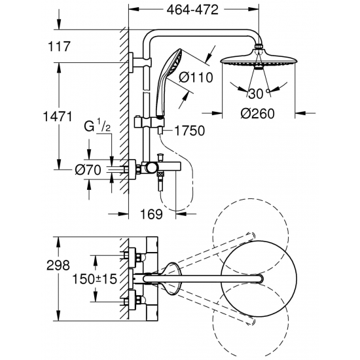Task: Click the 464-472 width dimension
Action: coord(192,10)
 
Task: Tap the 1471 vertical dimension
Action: coord(58,117)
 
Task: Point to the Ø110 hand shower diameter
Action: coord(196,77)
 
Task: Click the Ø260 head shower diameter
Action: coord(258,113)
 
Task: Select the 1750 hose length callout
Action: coord(189,131)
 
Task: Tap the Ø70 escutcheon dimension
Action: coord(88,170)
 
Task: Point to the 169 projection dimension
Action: coord(151,214)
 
